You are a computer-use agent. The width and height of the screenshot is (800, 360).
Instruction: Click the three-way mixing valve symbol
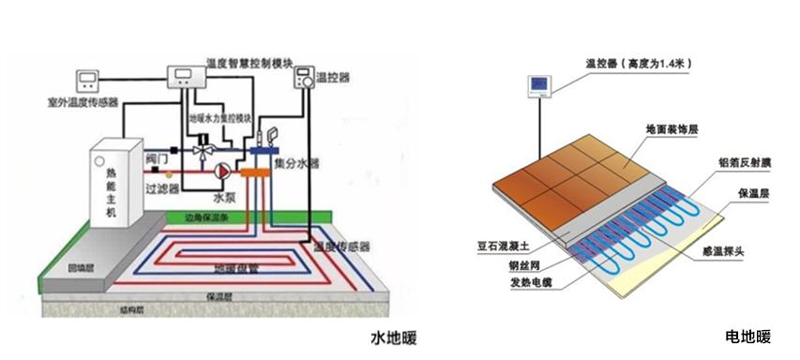point(202,148)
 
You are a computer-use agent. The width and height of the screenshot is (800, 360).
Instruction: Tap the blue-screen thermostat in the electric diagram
point(541,87)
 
